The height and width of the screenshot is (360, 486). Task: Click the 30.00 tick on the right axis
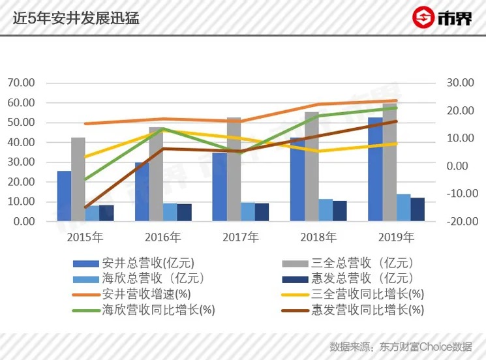click(x=461, y=83)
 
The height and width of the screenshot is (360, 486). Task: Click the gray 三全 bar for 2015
click(x=78, y=179)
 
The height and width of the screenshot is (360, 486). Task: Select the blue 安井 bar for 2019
click(x=375, y=170)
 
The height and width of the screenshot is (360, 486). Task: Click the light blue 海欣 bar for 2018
click(x=325, y=210)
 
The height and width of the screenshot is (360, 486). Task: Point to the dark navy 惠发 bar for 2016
click(x=185, y=213)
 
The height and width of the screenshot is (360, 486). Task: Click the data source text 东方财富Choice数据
click(x=423, y=346)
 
